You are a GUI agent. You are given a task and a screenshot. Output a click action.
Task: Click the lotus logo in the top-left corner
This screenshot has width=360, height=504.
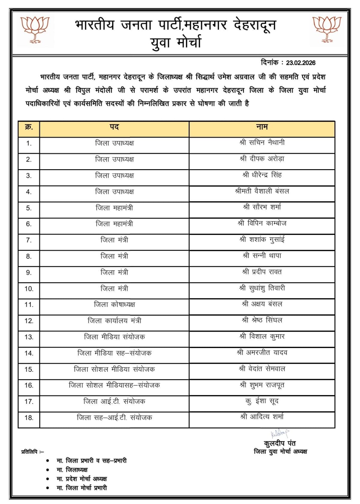(x=35, y=29)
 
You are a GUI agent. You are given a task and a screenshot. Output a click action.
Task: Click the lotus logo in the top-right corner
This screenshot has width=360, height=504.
(x=327, y=29)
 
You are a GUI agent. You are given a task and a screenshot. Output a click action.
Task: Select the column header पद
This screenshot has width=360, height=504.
(x=114, y=127)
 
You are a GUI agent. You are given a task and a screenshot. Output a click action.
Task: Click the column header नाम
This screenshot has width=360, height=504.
(x=262, y=127)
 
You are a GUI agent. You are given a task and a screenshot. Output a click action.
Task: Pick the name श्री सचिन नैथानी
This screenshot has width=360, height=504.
(x=262, y=143)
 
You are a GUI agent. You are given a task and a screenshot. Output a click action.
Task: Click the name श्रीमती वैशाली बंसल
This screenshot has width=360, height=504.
(x=262, y=191)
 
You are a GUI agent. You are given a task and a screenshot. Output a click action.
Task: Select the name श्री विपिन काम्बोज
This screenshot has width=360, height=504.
(x=262, y=223)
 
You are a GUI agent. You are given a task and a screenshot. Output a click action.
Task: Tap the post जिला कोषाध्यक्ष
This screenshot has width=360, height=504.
(x=114, y=305)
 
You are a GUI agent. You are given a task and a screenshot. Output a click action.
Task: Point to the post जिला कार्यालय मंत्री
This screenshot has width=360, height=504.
(x=114, y=321)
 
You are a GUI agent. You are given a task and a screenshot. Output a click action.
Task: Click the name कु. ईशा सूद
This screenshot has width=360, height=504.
(x=262, y=401)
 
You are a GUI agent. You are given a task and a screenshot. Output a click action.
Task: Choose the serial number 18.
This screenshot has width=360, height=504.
(x=29, y=418)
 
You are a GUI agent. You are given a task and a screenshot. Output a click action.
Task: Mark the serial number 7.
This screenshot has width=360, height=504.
(x=29, y=240)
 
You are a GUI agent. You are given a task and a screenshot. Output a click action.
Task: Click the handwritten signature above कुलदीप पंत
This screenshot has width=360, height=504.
(x=280, y=434)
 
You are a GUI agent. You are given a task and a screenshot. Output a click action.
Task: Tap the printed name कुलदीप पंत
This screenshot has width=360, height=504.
(x=280, y=444)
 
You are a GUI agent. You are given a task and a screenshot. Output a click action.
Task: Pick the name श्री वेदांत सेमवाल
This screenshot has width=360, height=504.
(x=262, y=369)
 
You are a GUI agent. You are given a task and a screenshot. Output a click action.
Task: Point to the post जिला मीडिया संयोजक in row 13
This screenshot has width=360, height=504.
(x=114, y=337)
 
